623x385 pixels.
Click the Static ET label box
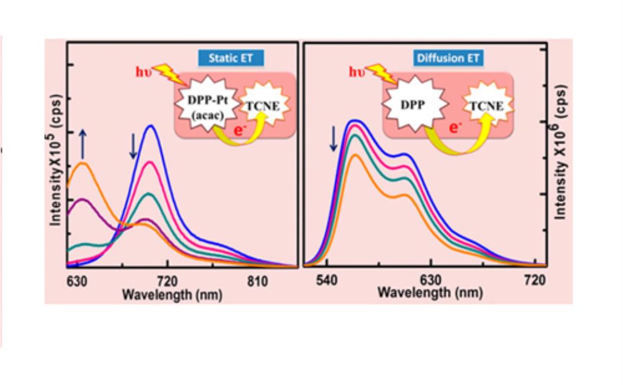point(231,58)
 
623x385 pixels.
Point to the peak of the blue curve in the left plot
point(152,126)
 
